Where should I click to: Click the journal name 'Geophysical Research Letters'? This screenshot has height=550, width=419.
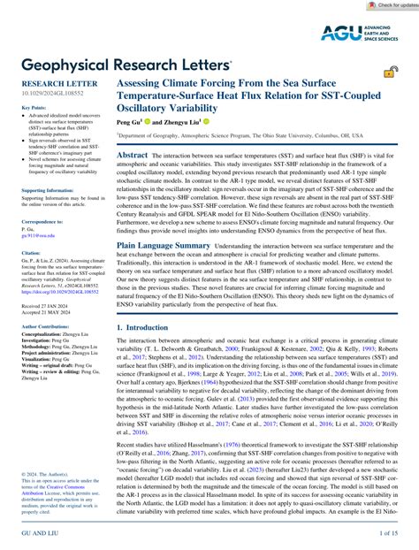[121, 64]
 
